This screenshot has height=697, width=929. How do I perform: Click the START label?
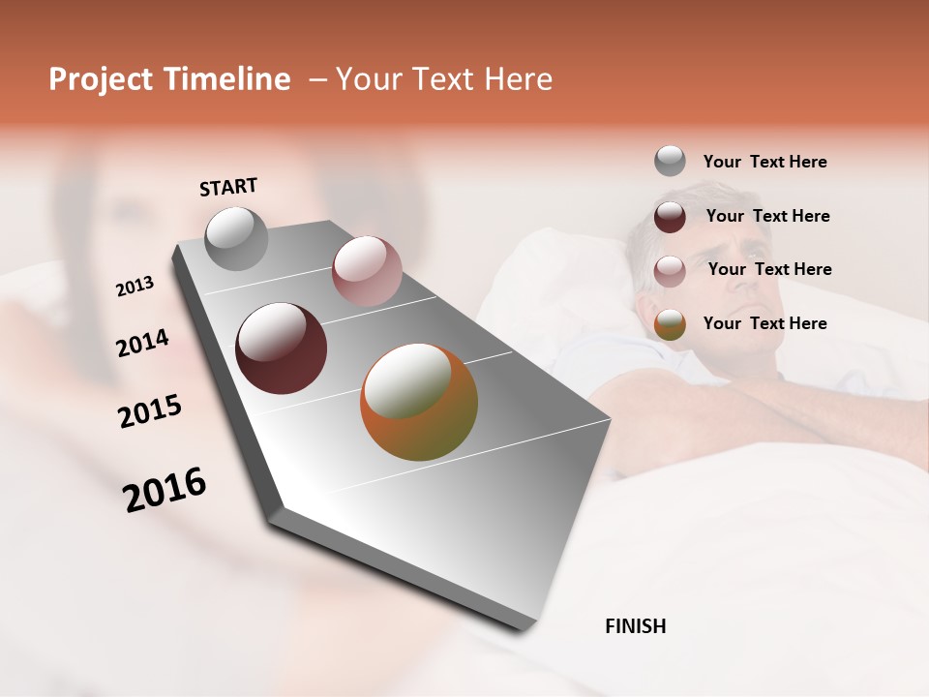pyautogui.click(x=228, y=187)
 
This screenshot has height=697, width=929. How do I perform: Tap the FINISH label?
pyautogui.click(x=635, y=626)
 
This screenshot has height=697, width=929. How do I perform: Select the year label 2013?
pyautogui.click(x=135, y=287)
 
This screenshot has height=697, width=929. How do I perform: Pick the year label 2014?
pyautogui.click(x=142, y=344)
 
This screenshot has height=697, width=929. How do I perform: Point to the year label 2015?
pyautogui.click(x=150, y=411)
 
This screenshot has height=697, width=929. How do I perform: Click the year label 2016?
pyautogui.click(x=165, y=490)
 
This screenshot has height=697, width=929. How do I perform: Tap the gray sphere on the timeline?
pyautogui.click(x=236, y=238)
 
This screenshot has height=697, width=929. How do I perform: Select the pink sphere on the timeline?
pyautogui.click(x=366, y=271)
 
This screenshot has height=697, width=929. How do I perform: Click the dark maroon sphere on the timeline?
pyautogui.click(x=281, y=348)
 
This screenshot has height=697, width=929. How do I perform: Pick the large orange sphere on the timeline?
pyautogui.click(x=419, y=402)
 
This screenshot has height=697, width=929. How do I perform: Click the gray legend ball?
pyautogui.click(x=670, y=161)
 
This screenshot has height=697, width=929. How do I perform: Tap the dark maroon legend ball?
pyautogui.click(x=670, y=216)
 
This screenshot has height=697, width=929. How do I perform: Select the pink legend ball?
pyautogui.click(x=670, y=270)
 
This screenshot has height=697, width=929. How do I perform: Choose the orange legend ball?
pyautogui.click(x=670, y=324)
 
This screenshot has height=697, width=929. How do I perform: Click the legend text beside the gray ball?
pyautogui.click(x=764, y=162)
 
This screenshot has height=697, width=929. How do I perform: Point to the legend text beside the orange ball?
pyautogui.click(x=764, y=323)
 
